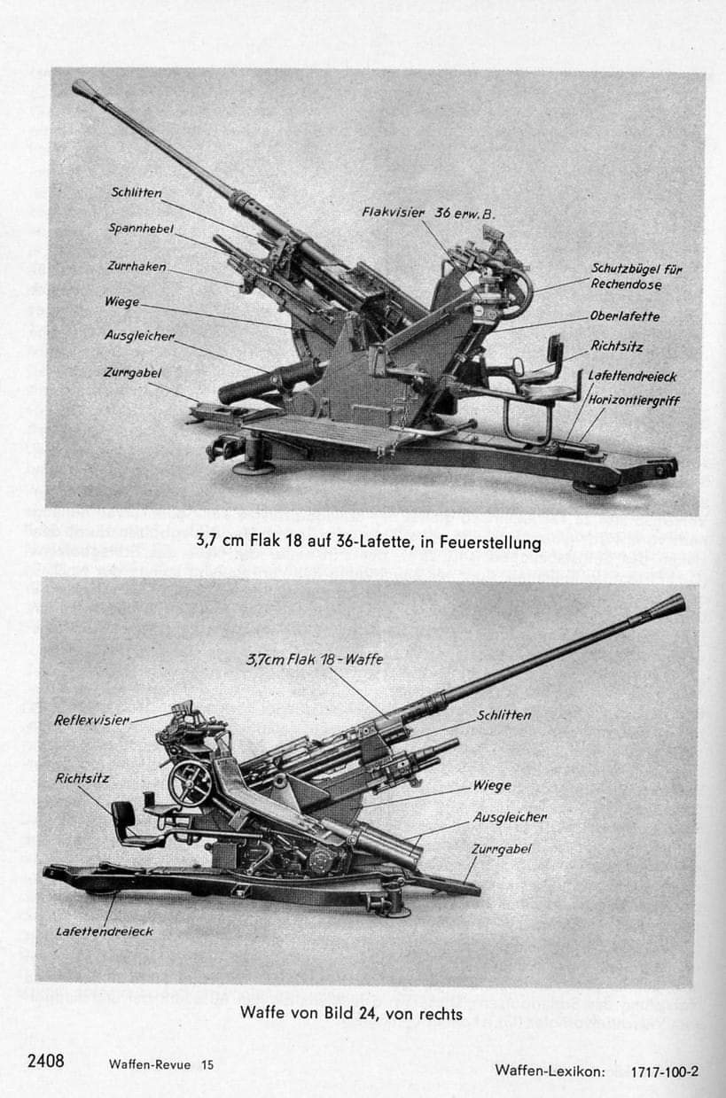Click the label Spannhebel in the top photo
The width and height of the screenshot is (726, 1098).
click(x=141, y=229)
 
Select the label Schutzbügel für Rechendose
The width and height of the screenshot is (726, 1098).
click(x=636, y=276)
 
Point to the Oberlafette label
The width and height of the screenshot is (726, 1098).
click(x=625, y=316)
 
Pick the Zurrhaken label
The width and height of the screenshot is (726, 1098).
click(x=137, y=266)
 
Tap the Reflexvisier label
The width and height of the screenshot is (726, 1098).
click(x=91, y=720)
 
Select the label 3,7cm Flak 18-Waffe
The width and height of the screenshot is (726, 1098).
click(x=315, y=659)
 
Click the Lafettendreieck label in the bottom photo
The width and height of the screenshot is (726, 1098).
click(x=105, y=931)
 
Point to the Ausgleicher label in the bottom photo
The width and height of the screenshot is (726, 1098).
click(x=510, y=816)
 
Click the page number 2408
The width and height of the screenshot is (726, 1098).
click(x=46, y=1061)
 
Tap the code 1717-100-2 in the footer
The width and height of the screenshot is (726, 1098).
click(x=665, y=1071)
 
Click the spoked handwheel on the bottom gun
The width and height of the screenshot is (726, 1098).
click(x=190, y=783)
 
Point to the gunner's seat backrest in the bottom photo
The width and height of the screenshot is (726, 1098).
click(x=123, y=814)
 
